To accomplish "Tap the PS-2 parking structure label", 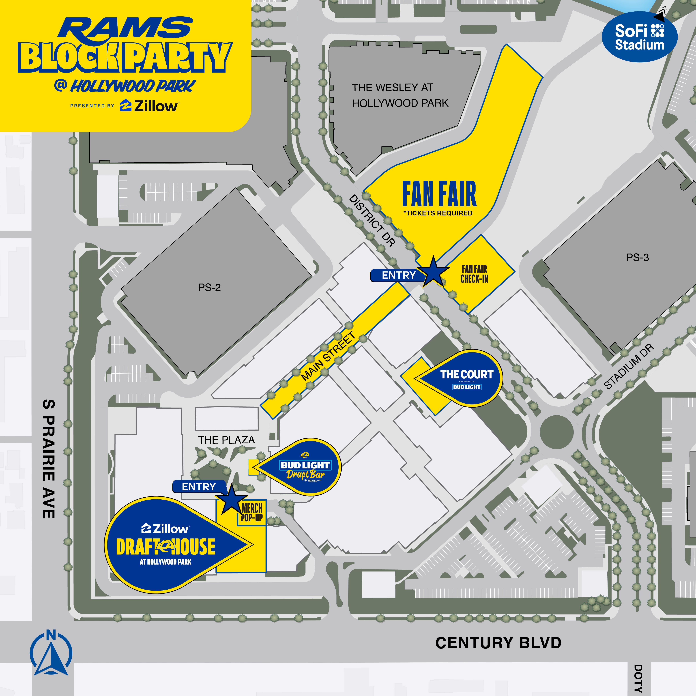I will pyautogui.click(x=209, y=288).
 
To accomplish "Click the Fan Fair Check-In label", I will pyautogui.click(x=474, y=274).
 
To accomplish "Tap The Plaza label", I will pyautogui.click(x=226, y=440).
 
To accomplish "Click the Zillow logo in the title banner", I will pyautogui.click(x=149, y=106).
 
